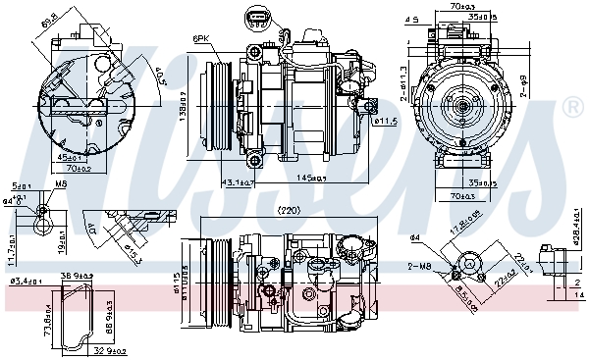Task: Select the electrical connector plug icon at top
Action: pos(254,19)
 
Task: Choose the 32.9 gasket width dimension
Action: pos(110,350)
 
